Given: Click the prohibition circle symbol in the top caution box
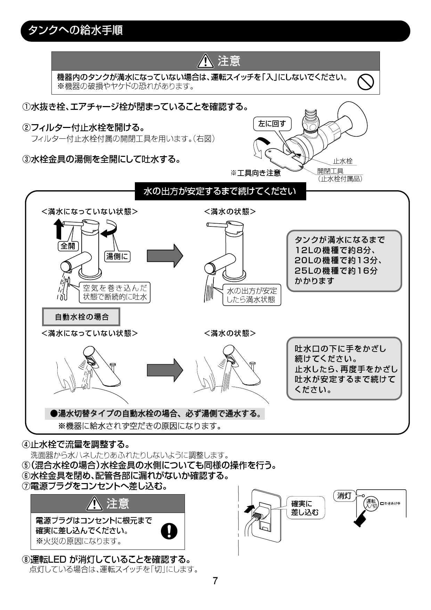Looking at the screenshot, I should [x=366, y=82].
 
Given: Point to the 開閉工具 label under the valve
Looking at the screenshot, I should [x=330, y=171].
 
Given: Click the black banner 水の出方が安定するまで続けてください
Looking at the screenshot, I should [x=220, y=192].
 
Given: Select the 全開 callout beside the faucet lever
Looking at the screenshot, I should [x=68, y=246].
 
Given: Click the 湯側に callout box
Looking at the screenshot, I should [x=117, y=257].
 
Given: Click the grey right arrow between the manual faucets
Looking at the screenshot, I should [x=165, y=256].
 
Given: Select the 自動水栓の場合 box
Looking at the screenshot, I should [x=82, y=317].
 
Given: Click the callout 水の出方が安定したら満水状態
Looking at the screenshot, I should [x=252, y=295].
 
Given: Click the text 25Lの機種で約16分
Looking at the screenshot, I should [x=335, y=271].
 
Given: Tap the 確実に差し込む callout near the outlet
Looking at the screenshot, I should [x=304, y=508].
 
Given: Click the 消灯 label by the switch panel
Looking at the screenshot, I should [x=345, y=496].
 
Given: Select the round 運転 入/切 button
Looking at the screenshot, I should [x=370, y=503].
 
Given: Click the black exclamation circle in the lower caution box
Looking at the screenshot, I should [x=170, y=531].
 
